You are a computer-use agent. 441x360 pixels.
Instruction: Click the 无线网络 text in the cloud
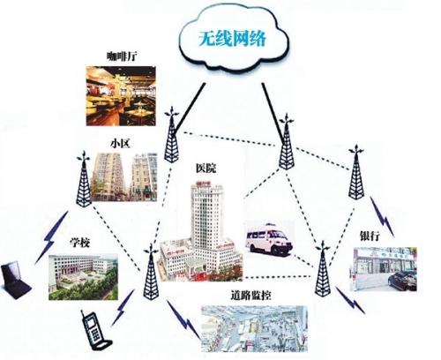[x=232, y=39]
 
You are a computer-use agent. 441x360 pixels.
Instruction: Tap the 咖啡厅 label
[x=122, y=56]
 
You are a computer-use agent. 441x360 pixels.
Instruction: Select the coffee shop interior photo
[x=121, y=96]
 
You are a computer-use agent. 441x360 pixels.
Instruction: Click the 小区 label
[x=120, y=144]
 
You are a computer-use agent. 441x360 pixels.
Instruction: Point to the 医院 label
[x=206, y=169]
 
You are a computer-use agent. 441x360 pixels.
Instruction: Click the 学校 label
[x=80, y=243]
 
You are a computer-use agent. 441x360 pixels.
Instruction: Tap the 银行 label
[x=370, y=236]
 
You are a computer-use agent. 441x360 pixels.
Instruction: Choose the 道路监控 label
[x=250, y=296]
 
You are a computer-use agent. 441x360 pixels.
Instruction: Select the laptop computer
[x=15, y=279]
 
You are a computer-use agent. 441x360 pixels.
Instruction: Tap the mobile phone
[x=94, y=331]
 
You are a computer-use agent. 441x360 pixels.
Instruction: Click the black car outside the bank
[x=402, y=281]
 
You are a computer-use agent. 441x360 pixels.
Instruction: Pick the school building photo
[x=83, y=276]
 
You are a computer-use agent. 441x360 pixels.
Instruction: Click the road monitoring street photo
[x=254, y=327]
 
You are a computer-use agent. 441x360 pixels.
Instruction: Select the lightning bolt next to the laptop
[x=52, y=237]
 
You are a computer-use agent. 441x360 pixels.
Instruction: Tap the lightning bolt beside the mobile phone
[x=123, y=308]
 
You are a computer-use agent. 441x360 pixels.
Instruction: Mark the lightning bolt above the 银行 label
[x=382, y=216]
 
